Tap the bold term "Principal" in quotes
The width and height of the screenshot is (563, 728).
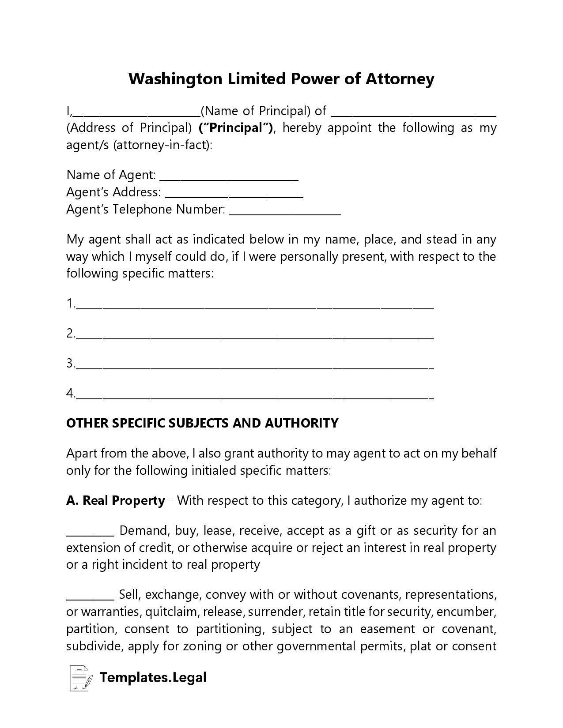[x=236, y=128]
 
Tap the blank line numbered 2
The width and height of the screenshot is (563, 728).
[x=255, y=337]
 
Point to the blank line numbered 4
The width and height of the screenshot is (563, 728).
[x=255, y=396]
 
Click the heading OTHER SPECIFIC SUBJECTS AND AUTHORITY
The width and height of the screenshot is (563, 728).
[x=202, y=423]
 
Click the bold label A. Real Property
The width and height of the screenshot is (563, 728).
[x=116, y=501]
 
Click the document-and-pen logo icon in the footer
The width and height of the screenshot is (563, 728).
[x=81, y=678]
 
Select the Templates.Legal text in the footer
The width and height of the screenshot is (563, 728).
[x=153, y=677]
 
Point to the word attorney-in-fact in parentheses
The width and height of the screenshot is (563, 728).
[x=161, y=145]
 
